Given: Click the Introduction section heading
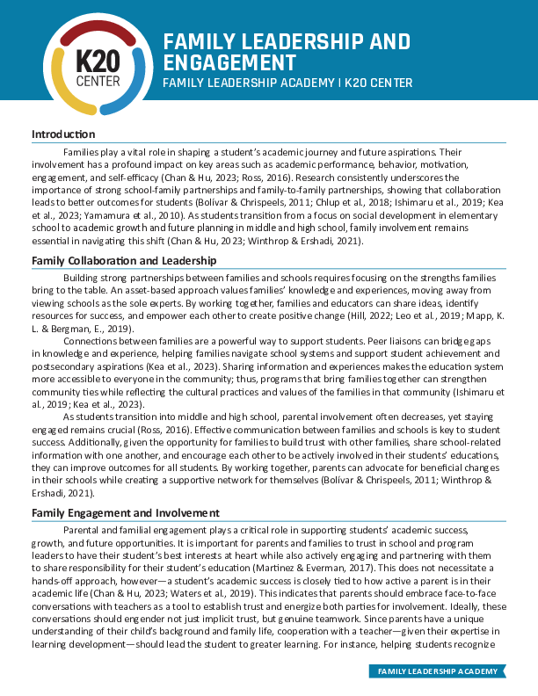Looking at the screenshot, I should (63, 134).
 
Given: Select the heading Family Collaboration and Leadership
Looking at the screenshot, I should (125, 261).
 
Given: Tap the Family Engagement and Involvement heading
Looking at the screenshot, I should (125, 512).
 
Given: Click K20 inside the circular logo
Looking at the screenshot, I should (92, 62).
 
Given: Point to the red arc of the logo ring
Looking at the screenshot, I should (92, 29).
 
